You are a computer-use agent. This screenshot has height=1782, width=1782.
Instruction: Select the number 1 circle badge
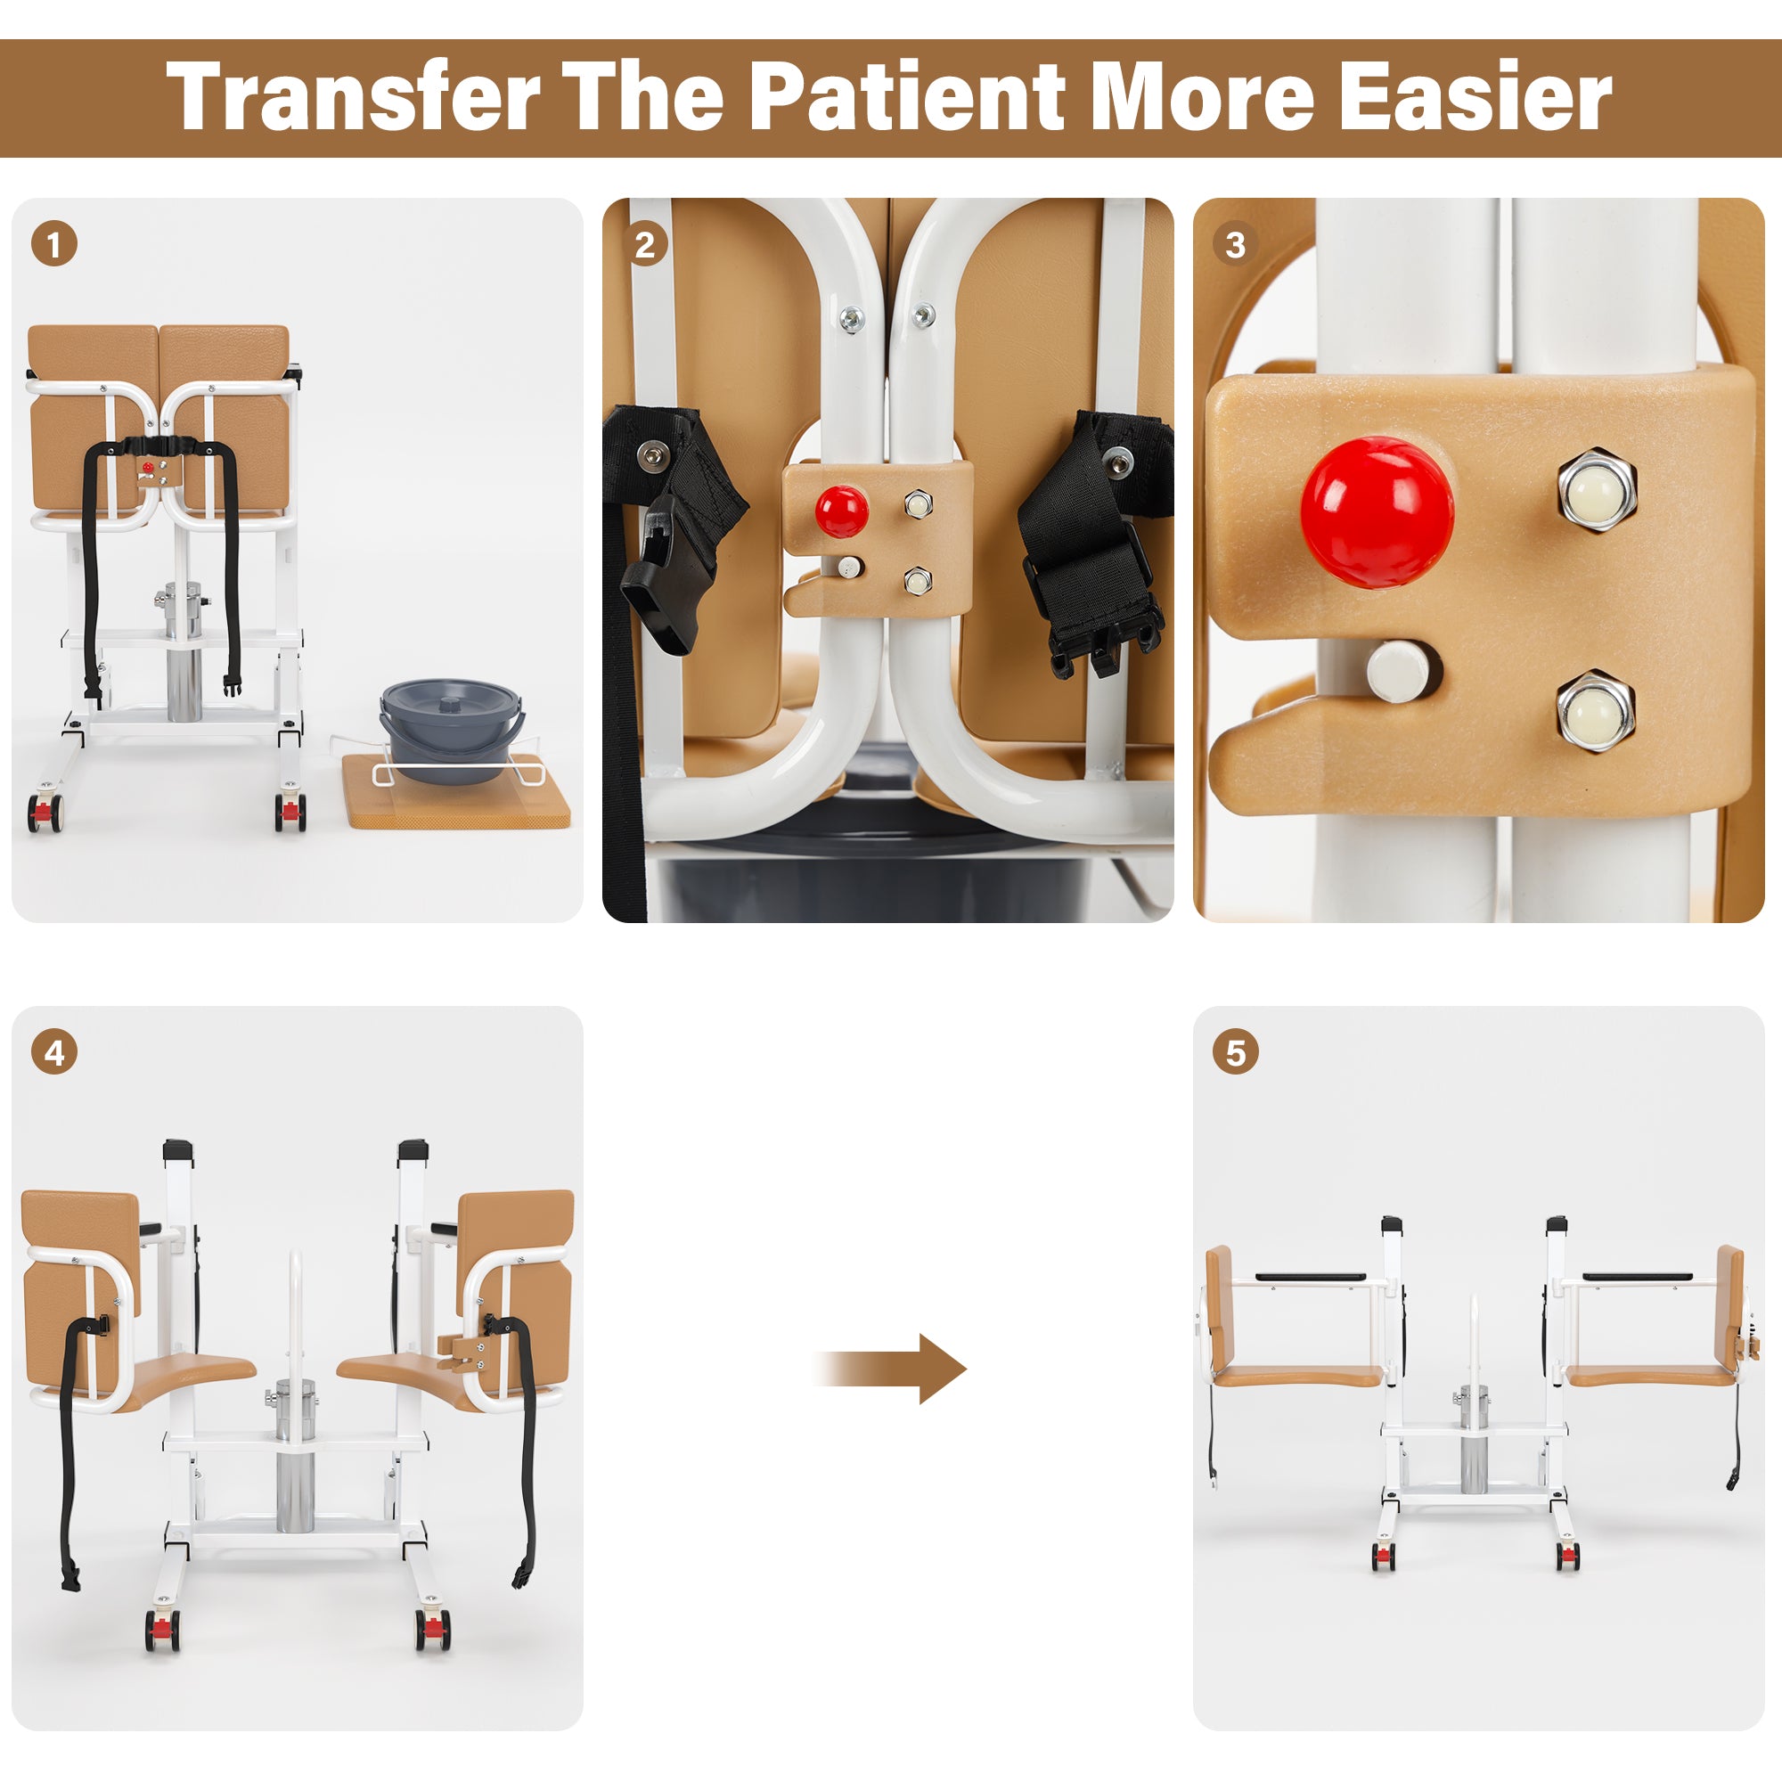pos(53,244)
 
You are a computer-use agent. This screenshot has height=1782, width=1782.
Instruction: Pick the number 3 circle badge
pos(1235,244)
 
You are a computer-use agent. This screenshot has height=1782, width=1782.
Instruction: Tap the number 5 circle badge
pos(1236,1052)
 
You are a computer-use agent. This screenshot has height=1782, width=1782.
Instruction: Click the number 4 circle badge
pos(53,1052)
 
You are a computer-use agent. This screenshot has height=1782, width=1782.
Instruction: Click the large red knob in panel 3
pos(1377,513)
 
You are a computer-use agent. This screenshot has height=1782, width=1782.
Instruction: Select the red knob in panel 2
pos(841,511)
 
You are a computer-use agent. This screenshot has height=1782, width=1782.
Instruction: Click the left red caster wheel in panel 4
pos(161,1631)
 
